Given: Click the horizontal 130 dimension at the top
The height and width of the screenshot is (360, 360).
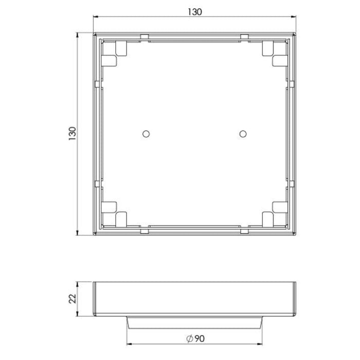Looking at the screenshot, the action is [x=195, y=12].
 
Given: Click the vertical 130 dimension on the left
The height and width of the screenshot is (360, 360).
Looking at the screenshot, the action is [x=73, y=134].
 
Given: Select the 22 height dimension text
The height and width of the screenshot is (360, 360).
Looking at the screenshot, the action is [x=73, y=299].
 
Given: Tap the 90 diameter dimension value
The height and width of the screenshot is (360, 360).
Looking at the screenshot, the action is [x=200, y=338].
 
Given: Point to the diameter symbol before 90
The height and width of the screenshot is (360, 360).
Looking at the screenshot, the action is [x=189, y=338].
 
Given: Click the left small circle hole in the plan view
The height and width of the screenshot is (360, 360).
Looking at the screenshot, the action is [x=146, y=134].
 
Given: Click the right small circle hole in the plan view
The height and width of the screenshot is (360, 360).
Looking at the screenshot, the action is [x=243, y=134].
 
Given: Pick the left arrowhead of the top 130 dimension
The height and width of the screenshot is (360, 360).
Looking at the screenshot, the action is [x=96, y=16].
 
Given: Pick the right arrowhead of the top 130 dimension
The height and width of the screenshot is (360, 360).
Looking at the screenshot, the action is [x=294, y=16].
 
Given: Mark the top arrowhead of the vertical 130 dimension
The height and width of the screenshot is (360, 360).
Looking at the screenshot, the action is [x=77, y=35].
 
